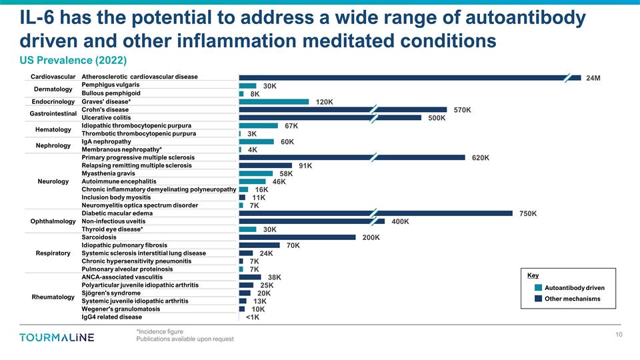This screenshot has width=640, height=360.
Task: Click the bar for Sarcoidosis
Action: (x=297, y=237)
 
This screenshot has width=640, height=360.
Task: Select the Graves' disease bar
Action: (x=273, y=102)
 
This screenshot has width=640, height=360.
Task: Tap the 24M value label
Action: (x=593, y=78)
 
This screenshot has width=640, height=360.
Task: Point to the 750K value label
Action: (x=527, y=213)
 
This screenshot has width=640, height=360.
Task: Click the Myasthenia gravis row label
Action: (x=108, y=173)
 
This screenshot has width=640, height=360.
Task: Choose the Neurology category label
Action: (x=53, y=181)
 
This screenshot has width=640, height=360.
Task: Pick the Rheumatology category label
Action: (x=53, y=297)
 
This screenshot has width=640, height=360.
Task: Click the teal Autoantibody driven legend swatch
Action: (x=539, y=288)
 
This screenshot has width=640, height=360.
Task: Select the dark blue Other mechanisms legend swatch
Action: (x=539, y=299)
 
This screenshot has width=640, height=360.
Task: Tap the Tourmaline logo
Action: (x=57, y=337)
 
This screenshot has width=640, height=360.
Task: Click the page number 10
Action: (x=619, y=335)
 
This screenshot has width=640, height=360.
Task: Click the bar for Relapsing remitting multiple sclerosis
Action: (x=265, y=165)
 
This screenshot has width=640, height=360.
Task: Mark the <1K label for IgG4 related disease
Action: (x=252, y=317)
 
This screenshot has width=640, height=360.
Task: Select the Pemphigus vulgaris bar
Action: (x=247, y=86)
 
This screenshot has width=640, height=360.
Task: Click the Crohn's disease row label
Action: (x=105, y=109)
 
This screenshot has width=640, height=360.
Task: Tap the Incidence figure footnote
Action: (x=159, y=331)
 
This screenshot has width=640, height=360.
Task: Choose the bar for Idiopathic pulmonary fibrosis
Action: (x=259, y=245)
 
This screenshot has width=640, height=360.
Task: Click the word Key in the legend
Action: (x=533, y=275)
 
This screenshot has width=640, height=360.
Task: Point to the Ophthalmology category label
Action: (x=53, y=221)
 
